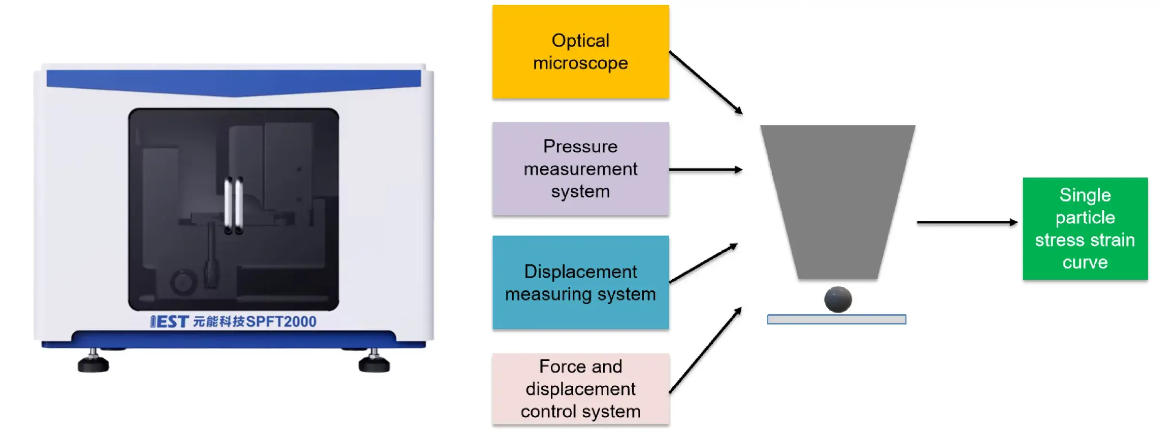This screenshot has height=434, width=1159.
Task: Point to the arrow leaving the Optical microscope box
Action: [x=705, y=82]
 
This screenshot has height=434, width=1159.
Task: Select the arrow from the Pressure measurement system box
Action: [x=705, y=170]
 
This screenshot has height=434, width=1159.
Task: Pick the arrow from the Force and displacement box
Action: [x=705, y=351]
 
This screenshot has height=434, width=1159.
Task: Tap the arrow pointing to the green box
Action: [x=966, y=222]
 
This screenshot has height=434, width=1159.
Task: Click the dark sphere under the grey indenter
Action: [x=838, y=299]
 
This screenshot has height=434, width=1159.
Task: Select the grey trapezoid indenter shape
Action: [x=838, y=198]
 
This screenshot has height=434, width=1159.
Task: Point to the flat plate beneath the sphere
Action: [x=836, y=319]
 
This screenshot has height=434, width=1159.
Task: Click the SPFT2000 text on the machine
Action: [x=281, y=322]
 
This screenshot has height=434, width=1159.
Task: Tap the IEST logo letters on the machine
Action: [x=169, y=322]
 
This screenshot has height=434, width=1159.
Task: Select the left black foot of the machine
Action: [x=93, y=363]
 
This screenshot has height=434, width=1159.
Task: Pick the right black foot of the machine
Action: [x=374, y=363]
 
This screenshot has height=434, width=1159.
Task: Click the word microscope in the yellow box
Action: [x=580, y=64]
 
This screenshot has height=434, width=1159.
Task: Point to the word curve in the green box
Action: [x=1085, y=262]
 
